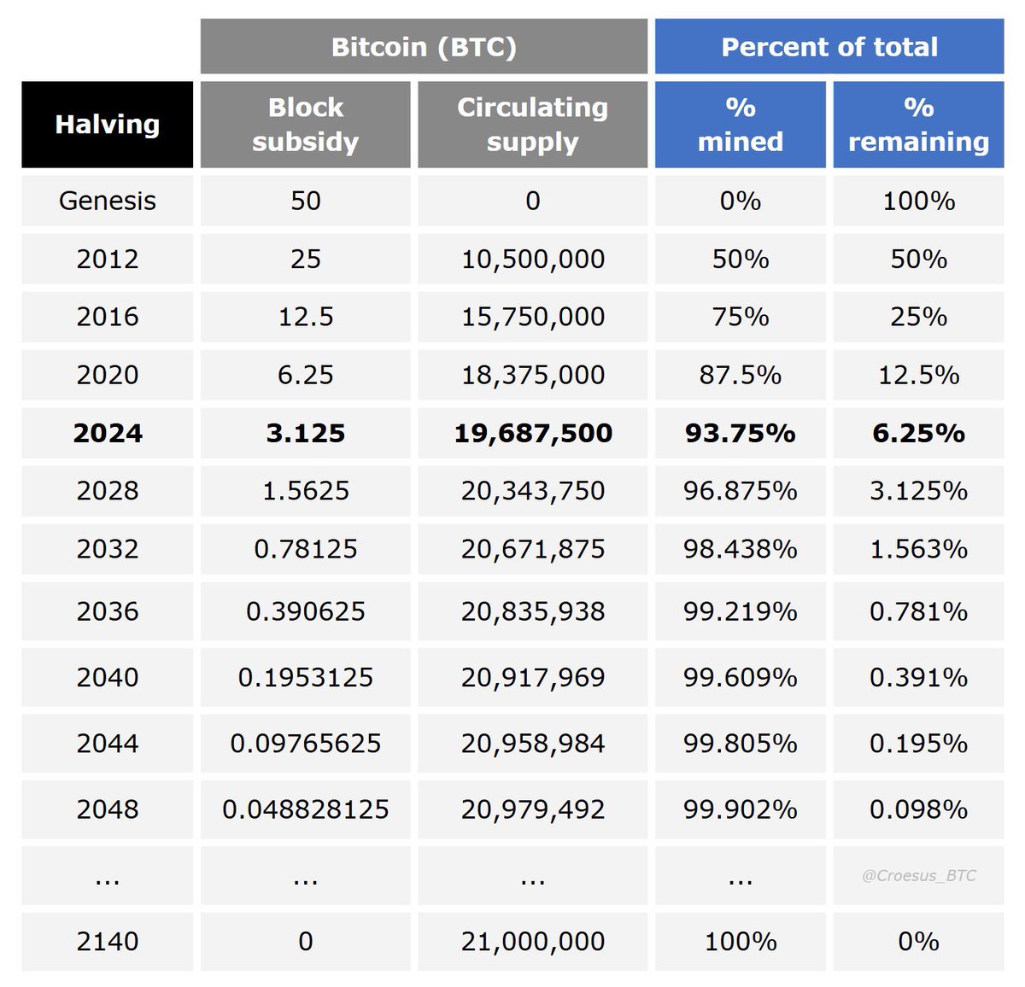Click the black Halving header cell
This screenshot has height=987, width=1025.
click(x=108, y=125)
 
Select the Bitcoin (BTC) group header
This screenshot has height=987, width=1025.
click(x=424, y=46)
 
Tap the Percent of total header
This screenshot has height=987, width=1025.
click(x=829, y=46)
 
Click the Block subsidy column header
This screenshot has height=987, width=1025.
click(x=306, y=125)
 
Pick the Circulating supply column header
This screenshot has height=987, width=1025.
click(x=532, y=125)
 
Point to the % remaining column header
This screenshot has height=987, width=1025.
click(x=918, y=125)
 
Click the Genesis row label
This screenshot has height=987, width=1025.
click(x=108, y=201)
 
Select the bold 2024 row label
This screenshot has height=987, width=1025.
click(x=108, y=433)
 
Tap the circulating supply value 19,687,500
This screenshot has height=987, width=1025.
click(x=532, y=433)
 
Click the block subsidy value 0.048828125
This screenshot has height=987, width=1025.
click(x=306, y=809)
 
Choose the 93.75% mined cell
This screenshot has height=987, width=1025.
click(x=740, y=433)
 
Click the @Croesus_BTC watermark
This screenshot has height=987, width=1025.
click(x=918, y=875)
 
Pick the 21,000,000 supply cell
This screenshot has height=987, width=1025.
click(x=532, y=941)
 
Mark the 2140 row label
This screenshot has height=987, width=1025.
click(x=108, y=941)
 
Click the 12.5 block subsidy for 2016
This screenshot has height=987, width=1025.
click(x=306, y=317)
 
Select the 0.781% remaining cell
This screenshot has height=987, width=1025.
click(x=918, y=611)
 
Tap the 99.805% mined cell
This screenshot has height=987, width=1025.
click(x=740, y=743)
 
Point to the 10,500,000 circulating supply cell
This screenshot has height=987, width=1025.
click(x=532, y=259)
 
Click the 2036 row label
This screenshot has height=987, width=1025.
click(x=108, y=611)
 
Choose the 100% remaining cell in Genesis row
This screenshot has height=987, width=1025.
click(x=918, y=201)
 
